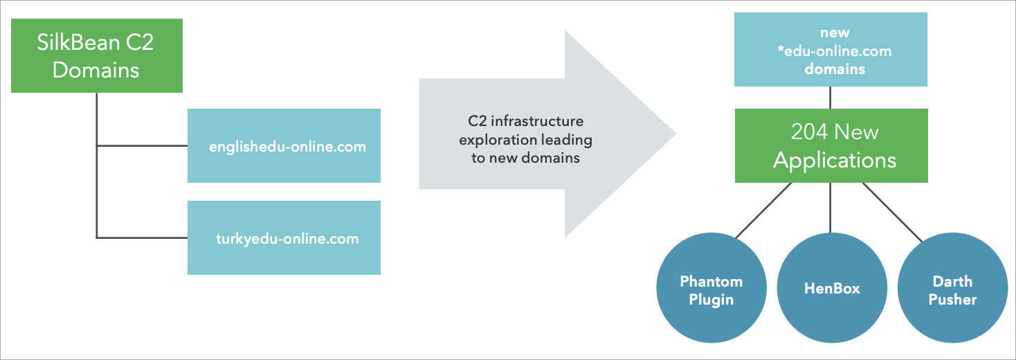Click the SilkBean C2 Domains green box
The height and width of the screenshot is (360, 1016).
[x=97, y=55]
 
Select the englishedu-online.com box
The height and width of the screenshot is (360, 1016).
[x=284, y=146]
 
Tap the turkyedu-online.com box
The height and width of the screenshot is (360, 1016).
[x=284, y=238]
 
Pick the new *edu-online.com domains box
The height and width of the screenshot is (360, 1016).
[x=831, y=51]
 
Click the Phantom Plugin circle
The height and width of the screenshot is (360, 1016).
[x=711, y=289]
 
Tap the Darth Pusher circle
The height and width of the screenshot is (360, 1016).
[x=952, y=289]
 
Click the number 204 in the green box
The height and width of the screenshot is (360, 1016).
[x=809, y=132]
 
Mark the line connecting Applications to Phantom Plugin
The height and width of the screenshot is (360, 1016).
[x=763, y=210]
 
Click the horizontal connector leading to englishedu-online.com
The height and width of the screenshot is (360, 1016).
[x=142, y=146]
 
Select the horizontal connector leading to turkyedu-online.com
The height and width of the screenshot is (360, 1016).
[x=142, y=238]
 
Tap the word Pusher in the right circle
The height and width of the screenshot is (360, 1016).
[x=952, y=299]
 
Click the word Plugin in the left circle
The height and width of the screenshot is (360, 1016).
[x=711, y=299]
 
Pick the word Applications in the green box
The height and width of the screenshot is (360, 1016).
[x=835, y=161]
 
